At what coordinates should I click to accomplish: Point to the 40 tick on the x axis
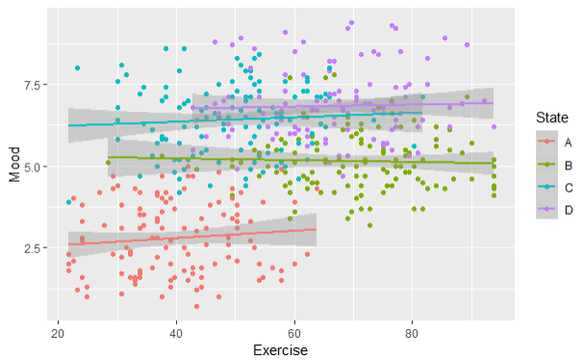[176, 331]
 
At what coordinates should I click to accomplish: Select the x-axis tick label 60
[294, 331]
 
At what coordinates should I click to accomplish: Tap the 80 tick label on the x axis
[412, 331]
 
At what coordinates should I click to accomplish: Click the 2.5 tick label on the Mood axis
[31, 247]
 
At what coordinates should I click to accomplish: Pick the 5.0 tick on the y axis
[31, 167]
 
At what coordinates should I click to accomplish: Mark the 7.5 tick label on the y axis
[31, 85]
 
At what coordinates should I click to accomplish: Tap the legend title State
[548, 117]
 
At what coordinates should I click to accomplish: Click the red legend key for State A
[547, 140]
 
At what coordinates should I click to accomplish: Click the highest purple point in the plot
[352, 23]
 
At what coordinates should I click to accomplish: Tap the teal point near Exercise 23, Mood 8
[77, 67]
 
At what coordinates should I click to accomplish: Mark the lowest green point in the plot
[369, 226]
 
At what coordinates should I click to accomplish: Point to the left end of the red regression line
[68, 244]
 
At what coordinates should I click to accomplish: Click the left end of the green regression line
[109, 157]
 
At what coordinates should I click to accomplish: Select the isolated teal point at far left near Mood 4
[68, 202]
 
